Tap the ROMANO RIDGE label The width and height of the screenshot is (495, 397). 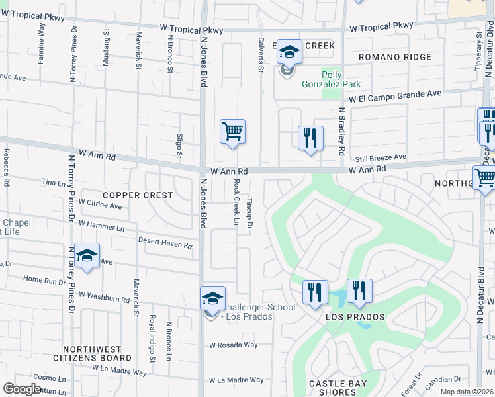pyautogui.click(x=394, y=58)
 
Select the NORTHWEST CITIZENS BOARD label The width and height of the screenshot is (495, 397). pyautogui.click(x=92, y=353)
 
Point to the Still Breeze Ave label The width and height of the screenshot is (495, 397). pyautogui.click(x=380, y=157)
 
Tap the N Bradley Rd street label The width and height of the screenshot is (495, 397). pyautogui.click(x=342, y=132)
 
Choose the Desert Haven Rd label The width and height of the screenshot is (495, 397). pyautogui.click(x=164, y=243)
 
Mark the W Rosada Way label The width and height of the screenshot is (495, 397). pyautogui.click(x=233, y=345)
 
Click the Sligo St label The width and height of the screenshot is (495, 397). pyautogui.click(x=179, y=146)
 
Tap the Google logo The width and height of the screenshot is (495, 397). pyautogui.click(x=22, y=388)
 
